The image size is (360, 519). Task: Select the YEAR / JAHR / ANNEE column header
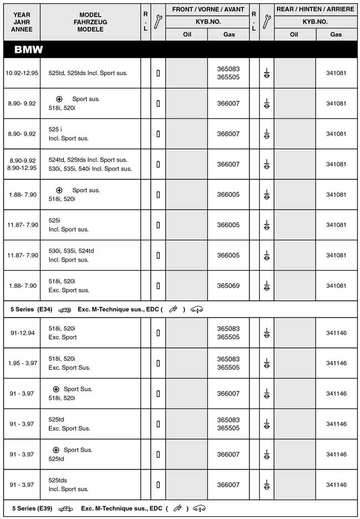click(x=21, y=22)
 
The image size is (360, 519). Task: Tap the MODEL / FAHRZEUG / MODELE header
click(x=91, y=22)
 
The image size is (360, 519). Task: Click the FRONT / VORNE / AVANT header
click(x=207, y=9)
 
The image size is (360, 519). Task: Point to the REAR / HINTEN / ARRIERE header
click(x=315, y=9)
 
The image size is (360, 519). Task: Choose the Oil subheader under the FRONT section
click(x=187, y=34)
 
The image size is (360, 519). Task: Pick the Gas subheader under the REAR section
click(x=336, y=34)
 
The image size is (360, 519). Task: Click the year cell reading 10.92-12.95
click(x=21, y=73)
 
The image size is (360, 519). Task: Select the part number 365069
click(x=228, y=286)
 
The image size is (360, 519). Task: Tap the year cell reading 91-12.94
click(x=22, y=333)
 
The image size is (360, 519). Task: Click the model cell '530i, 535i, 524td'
click(x=71, y=255)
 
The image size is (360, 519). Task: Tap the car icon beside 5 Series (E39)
click(x=66, y=508)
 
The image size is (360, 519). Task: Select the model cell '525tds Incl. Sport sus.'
click(x=69, y=485)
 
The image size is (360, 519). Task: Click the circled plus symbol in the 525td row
click(x=56, y=450)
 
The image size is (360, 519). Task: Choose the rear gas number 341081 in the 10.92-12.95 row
click(x=336, y=73)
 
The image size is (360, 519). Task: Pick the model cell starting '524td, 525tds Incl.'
click(x=90, y=164)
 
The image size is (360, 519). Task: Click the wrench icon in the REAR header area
click(x=266, y=22)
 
